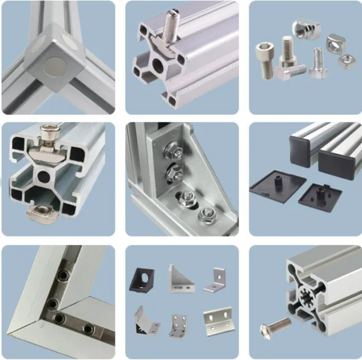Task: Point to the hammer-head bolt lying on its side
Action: [289, 70]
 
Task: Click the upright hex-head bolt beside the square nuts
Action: [318, 63]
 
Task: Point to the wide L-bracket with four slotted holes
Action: [218, 322]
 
